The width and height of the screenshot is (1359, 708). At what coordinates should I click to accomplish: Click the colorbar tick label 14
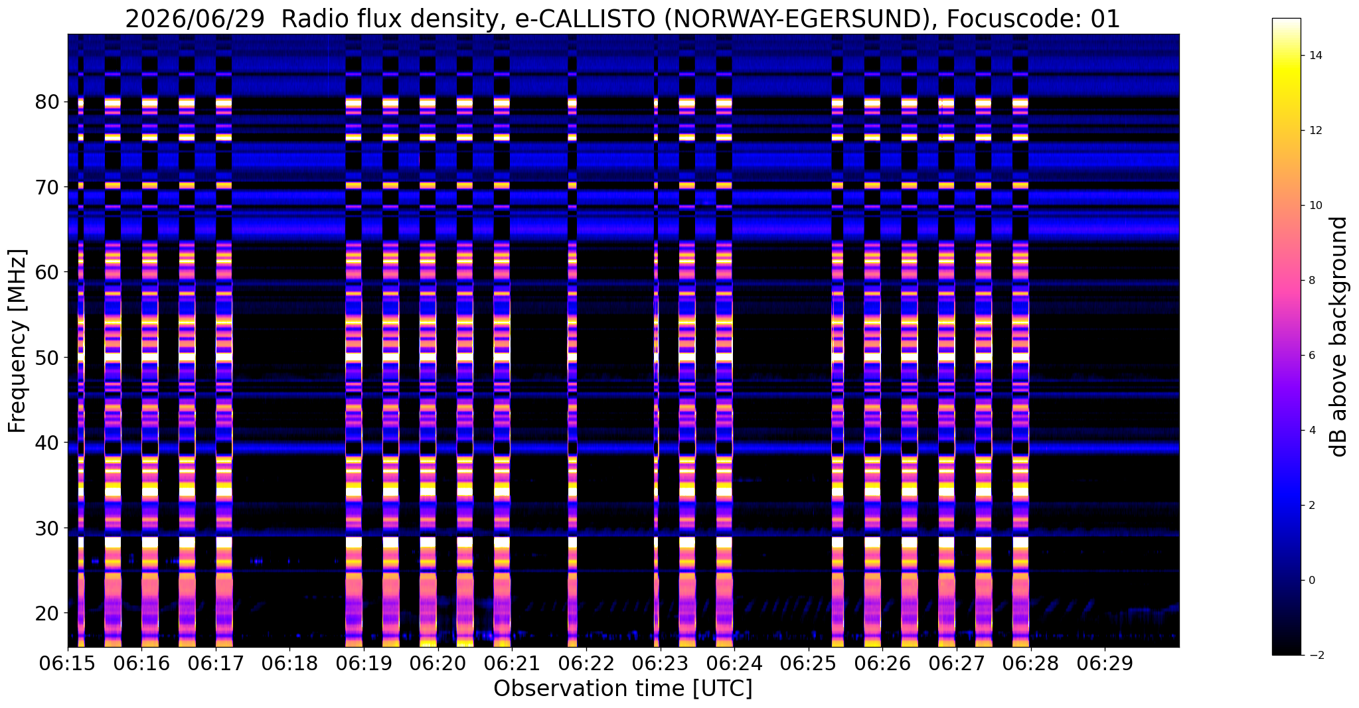tap(1316, 55)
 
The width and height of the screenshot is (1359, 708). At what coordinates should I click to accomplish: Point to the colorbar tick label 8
tap(1313, 281)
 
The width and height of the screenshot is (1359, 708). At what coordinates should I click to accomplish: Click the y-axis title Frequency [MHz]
tap(17, 341)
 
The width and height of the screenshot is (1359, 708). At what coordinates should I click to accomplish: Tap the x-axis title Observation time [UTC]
tap(623, 689)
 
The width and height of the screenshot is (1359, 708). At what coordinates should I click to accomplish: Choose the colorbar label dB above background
tap(1339, 336)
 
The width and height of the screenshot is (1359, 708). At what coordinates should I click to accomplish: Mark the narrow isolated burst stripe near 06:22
tap(572, 372)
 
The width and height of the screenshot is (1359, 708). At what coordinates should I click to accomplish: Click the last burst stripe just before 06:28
tap(1020, 372)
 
